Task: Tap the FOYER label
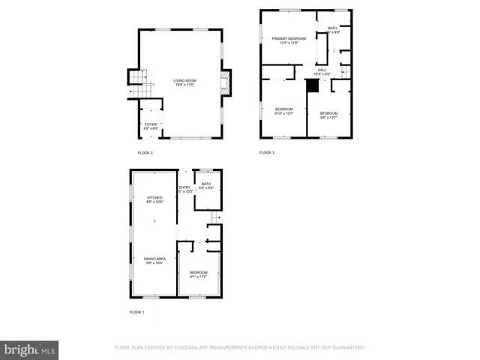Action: coord(151,126)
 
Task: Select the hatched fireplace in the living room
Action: coord(226,82)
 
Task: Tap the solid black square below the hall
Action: coord(313,85)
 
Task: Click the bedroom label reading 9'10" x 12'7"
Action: coord(283,111)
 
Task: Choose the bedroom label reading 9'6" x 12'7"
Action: coord(329,115)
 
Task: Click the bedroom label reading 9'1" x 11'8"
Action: coord(198,274)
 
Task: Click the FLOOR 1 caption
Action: coord(136,311)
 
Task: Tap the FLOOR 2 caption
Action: coord(145,153)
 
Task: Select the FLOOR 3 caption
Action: coord(267,153)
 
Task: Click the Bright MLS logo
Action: coord(30,349)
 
